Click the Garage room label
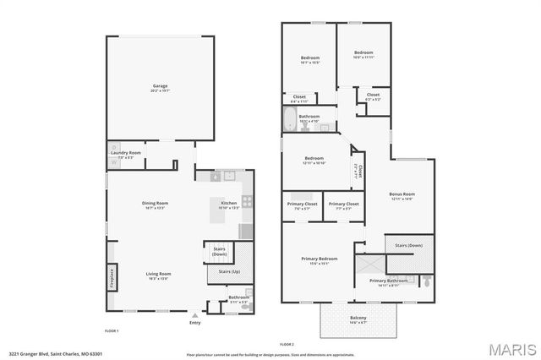[x=161, y=86]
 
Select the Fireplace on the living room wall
[x=110, y=278]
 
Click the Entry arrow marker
[x=195, y=314]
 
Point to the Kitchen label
[x=229, y=203]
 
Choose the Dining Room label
[x=155, y=203]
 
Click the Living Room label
[x=159, y=274]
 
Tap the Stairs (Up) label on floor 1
[x=229, y=272]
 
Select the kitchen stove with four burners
[x=248, y=201]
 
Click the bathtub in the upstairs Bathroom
[x=289, y=120]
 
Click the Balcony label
[x=358, y=318]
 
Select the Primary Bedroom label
[x=320, y=259]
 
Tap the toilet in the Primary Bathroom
[x=427, y=280]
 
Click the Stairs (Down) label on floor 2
[x=409, y=245]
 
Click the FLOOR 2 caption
[x=287, y=344]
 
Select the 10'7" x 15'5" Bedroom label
[x=310, y=58]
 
